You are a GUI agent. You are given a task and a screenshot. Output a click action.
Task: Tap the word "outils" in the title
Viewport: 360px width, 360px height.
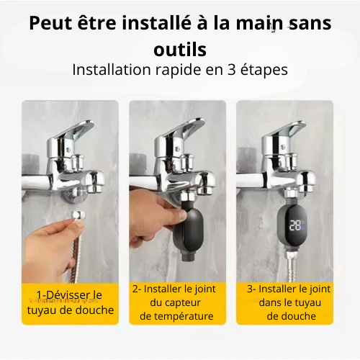[x=180, y=50]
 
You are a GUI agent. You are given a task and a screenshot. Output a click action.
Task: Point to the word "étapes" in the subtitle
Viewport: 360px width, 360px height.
[x=261, y=71]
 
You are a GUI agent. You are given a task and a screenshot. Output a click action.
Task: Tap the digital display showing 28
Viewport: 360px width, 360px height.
[x=296, y=224]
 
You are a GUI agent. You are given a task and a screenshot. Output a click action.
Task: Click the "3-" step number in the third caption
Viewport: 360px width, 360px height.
[x=251, y=289]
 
